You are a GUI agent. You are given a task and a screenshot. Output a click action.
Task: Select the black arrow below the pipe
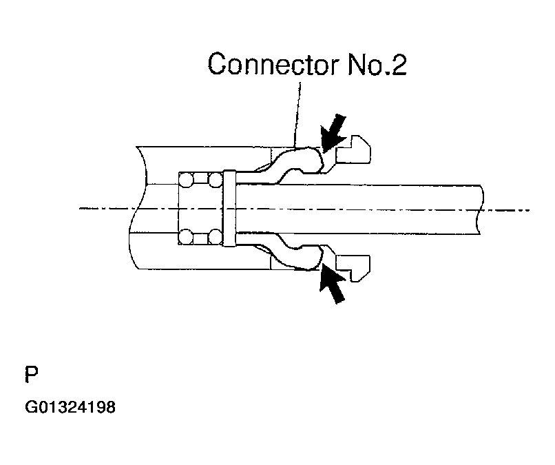tap(334, 285)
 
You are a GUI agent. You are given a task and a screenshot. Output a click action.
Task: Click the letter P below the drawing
tap(31, 375)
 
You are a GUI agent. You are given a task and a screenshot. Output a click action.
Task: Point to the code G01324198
tap(70, 407)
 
